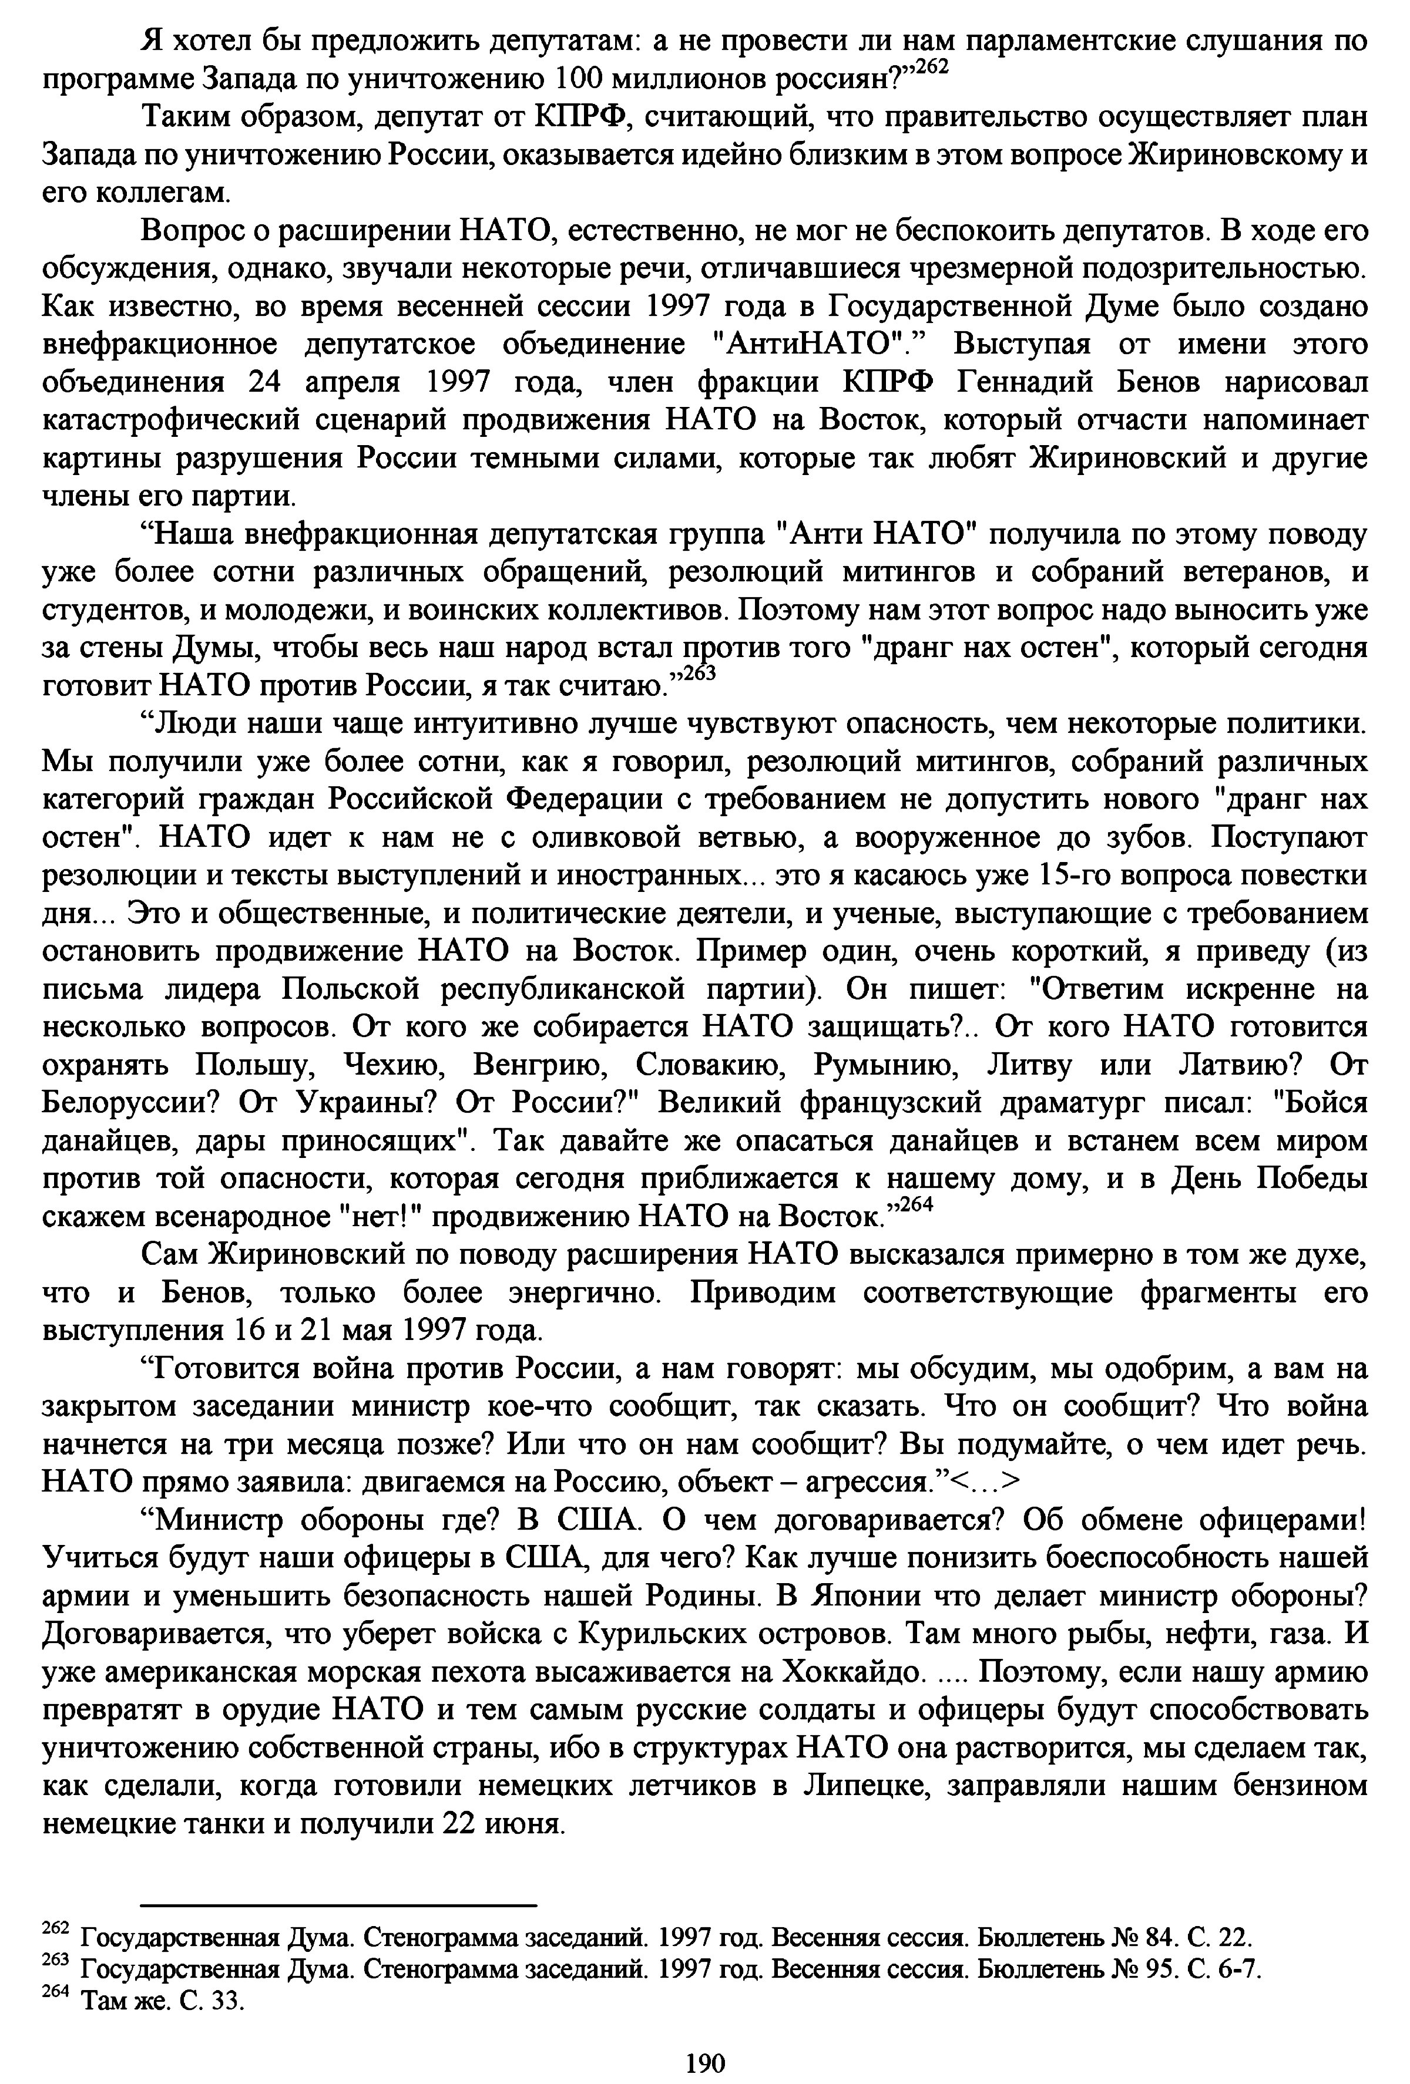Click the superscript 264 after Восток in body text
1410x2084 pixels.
coord(916,1206)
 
